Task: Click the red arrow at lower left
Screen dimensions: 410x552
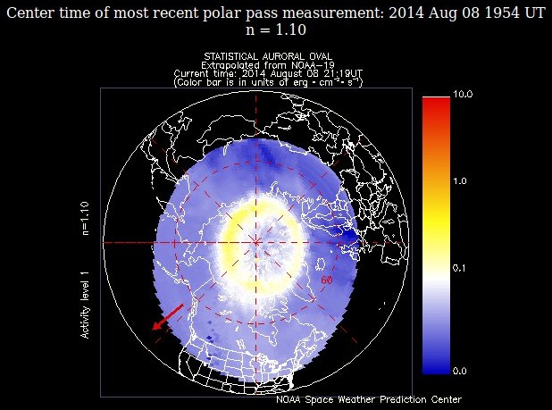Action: (x=167, y=317)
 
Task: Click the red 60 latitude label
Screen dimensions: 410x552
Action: (x=327, y=280)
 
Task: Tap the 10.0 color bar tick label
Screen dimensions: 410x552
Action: (x=463, y=94)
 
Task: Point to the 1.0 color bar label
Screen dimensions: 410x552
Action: (x=460, y=181)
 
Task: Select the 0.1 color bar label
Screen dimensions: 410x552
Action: (x=460, y=267)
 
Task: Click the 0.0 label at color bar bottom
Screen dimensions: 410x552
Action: (x=460, y=370)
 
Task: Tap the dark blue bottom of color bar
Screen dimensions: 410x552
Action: (x=435, y=365)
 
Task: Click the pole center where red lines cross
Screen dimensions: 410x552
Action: (x=256, y=242)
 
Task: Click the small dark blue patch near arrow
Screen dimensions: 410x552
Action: (x=209, y=337)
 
